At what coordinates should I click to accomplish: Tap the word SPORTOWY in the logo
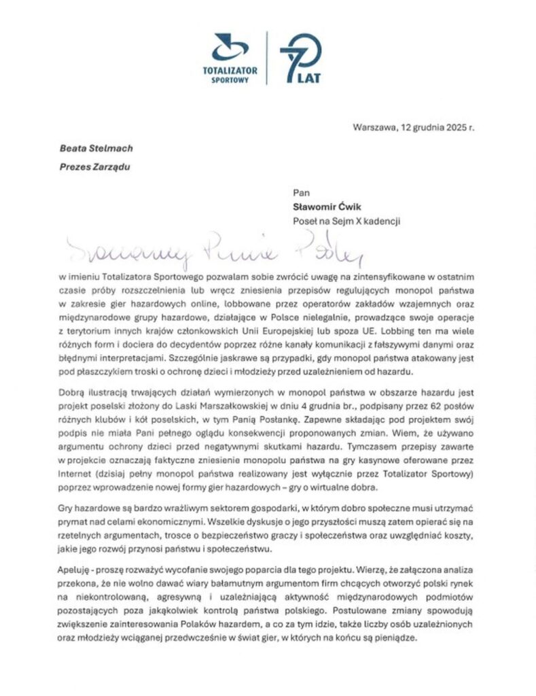[230, 80]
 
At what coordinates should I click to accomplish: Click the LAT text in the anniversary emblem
[308, 77]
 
